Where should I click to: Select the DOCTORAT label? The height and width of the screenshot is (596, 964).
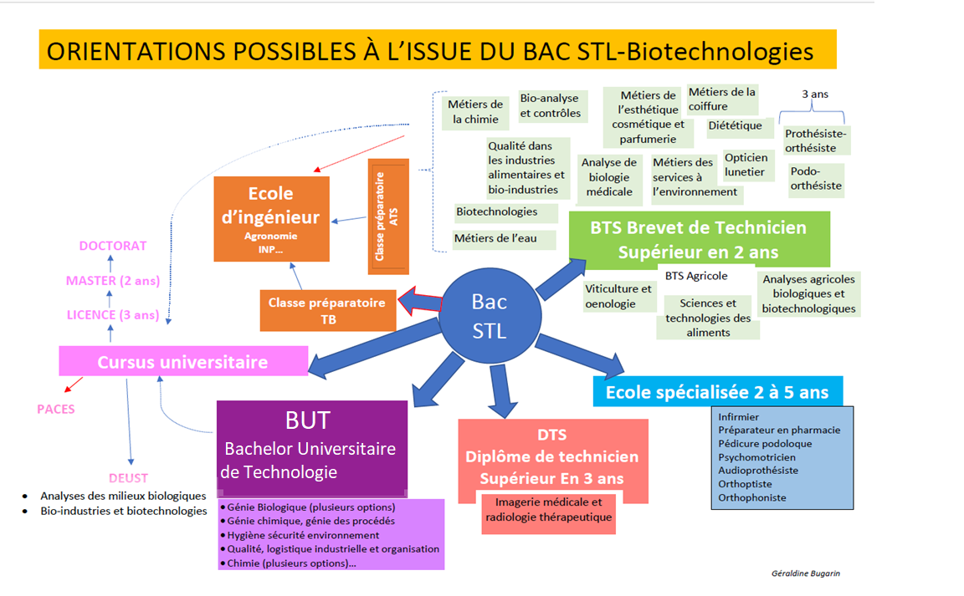[x=113, y=246]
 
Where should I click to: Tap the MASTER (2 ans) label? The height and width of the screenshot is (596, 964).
[x=113, y=281]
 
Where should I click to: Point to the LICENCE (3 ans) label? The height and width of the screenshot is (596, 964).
[x=113, y=315]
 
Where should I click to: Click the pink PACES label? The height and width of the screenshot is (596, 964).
[x=56, y=409]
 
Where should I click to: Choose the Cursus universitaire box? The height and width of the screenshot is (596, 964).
[x=183, y=362]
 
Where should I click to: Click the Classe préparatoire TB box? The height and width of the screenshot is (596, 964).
[x=327, y=310]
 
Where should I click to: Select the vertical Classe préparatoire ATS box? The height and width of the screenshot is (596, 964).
[x=388, y=216]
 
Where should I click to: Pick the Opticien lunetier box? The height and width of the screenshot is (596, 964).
[x=745, y=165]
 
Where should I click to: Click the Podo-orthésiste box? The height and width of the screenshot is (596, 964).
[x=815, y=178]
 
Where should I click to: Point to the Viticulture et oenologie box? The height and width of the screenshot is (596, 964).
[x=618, y=296]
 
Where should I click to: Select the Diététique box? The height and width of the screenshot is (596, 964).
[x=735, y=126]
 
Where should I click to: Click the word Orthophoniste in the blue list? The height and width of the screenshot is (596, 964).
[x=751, y=497]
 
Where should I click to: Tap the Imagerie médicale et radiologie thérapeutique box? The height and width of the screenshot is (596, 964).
[x=549, y=510]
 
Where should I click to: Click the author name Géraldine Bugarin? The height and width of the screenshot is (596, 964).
[x=805, y=573]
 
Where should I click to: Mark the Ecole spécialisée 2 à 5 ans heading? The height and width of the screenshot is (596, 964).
[x=717, y=391]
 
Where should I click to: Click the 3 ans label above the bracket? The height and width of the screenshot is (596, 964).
[x=815, y=94]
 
